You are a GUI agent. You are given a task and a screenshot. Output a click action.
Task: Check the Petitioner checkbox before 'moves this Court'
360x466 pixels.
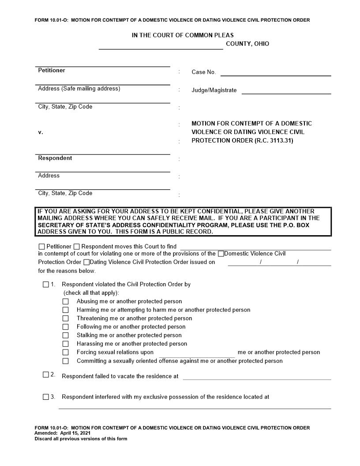coord(42,247)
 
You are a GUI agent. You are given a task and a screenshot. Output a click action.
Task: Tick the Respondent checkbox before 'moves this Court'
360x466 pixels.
coord(77,247)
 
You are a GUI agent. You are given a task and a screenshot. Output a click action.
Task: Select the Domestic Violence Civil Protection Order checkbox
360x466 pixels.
coord(221,254)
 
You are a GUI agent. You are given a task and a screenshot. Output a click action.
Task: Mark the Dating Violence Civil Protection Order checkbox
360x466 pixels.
coord(86,262)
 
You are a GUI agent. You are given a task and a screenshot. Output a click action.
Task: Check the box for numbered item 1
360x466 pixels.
coord(46,285)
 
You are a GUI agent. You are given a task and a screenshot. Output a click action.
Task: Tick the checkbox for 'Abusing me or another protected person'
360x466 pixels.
coord(66,301)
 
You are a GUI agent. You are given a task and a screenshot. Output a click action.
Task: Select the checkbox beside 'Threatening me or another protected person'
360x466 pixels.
coord(66,318)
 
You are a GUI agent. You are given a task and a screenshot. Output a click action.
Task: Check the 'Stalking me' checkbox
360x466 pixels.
coord(66,335)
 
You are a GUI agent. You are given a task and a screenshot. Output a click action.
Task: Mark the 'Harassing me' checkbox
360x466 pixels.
coord(66,344)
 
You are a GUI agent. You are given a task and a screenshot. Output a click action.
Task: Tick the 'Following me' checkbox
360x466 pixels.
coord(66,327)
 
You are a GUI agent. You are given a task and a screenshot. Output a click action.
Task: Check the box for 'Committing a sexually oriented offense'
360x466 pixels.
coord(66,361)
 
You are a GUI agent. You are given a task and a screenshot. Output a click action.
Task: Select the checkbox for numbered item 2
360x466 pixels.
coord(46,375)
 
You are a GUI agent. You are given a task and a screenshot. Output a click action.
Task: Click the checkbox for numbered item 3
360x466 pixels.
coord(46,397)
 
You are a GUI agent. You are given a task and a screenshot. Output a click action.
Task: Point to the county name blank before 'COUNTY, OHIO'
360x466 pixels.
coord(161,45)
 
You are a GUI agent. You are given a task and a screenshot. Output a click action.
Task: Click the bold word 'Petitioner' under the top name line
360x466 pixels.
coord(52,71)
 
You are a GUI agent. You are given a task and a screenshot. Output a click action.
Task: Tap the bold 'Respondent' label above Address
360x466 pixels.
coord(55,158)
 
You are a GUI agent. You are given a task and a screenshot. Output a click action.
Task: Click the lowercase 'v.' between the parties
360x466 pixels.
coord(41,132)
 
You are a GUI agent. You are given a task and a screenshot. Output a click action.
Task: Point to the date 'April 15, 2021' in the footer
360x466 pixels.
coord(75,433)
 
